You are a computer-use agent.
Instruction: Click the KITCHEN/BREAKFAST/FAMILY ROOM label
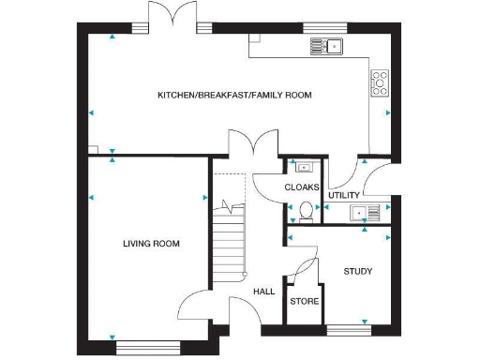[x=234, y=96]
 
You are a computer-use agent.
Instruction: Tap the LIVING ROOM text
[x=151, y=244]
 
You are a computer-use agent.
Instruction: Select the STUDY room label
[x=357, y=272]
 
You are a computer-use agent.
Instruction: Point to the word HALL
[x=263, y=292]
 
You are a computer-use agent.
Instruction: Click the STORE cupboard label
[x=304, y=302]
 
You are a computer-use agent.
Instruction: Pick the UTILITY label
[x=343, y=195]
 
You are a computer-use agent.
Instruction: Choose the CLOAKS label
[x=302, y=187]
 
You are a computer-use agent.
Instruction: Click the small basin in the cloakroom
[x=303, y=169]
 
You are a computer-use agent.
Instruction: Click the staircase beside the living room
[x=228, y=239]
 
